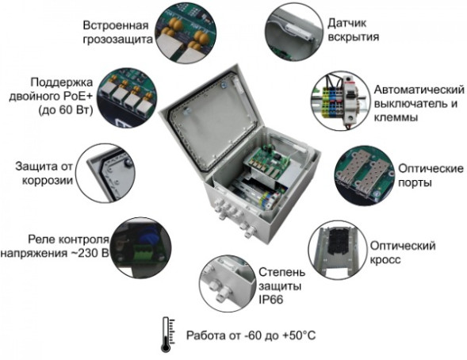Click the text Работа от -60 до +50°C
point(251,335)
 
